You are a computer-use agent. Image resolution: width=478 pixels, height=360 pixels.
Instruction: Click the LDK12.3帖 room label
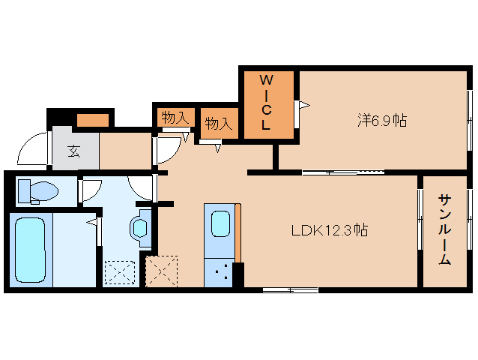330,230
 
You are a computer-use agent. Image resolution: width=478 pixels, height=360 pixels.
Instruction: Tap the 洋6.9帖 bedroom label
382,120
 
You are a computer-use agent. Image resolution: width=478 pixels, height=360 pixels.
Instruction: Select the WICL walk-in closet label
266,103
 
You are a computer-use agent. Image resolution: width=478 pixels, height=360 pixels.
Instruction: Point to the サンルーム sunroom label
445,229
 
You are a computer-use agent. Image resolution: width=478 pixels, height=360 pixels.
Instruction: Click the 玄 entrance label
73,151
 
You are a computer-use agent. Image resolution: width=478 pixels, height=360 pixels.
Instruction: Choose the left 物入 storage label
175,118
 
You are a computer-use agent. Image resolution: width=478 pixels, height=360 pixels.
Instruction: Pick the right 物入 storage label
219,123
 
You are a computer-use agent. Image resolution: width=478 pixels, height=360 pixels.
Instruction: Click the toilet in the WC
38,191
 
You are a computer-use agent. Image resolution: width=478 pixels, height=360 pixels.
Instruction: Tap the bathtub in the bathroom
30,250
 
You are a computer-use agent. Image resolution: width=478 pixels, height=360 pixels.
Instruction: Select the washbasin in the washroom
141,228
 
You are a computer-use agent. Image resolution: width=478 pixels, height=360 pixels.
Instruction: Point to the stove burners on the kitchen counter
221,273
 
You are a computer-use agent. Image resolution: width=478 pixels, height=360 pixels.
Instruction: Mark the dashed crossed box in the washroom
120,272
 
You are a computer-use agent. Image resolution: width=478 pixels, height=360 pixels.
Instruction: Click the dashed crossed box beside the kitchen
162,271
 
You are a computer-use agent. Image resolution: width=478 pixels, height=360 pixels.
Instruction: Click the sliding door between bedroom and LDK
343,172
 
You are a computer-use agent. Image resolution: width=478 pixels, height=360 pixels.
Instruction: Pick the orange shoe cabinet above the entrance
93,120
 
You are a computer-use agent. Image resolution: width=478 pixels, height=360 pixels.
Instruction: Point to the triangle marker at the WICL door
304,106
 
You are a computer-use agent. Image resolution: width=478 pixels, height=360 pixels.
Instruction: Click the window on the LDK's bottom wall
291,289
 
